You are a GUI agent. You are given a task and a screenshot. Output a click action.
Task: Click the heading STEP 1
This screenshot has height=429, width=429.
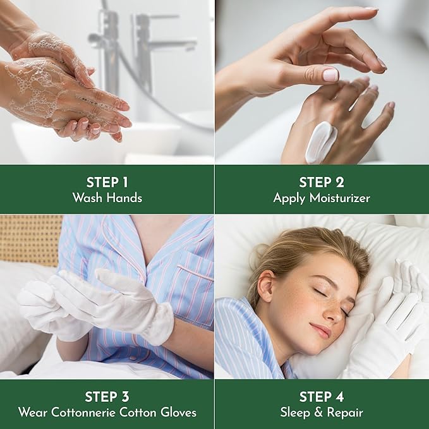(107, 182)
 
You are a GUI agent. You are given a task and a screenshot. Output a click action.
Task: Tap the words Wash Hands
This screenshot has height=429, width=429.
(107, 198)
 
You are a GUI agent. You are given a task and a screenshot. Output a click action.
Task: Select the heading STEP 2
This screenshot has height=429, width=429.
(322, 182)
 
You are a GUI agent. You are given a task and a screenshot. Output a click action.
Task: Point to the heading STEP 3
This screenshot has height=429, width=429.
(107, 397)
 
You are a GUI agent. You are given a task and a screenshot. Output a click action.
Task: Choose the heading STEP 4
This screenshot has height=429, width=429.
(322, 397)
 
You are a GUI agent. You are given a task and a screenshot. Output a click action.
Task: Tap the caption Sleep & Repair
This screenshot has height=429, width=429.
(322, 413)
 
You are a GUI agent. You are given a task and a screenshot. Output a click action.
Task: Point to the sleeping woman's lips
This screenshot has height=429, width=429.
(322, 331)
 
